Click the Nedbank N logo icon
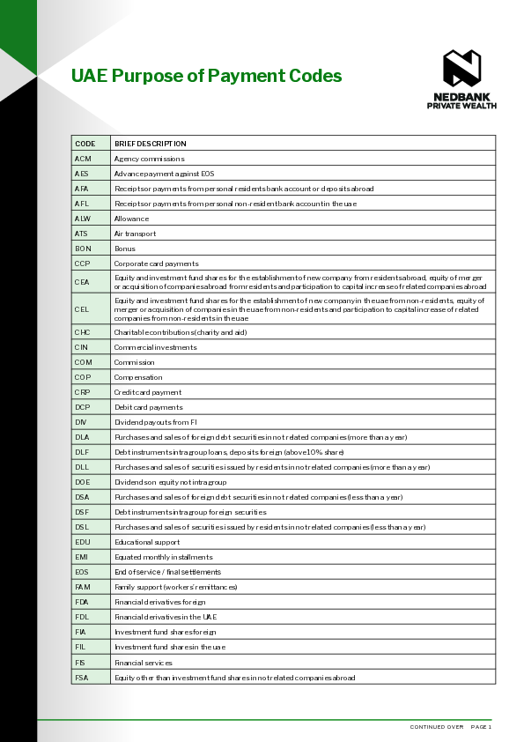[x=461, y=69]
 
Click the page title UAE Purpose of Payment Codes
[x=206, y=76]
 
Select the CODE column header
[x=85, y=144]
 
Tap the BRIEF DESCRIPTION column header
[x=150, y=144]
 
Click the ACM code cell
[x=83, y=159]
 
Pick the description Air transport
[x=135, y=234]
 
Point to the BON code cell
[x=83, y=249]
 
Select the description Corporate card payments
[x=156, y=263]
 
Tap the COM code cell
[x=84, y=362]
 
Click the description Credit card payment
[x=148, y=392]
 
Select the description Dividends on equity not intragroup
[x=170, y=482]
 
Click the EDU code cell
[x=83, y=542]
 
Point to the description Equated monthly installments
[x=163, y=557]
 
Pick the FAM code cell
[x=83, y=587]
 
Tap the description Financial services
[x=144, y=662]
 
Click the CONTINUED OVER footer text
[x=437, y=727]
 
